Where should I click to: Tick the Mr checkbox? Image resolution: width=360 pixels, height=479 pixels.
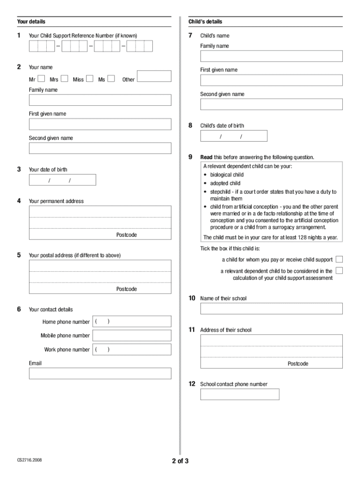point(41,79)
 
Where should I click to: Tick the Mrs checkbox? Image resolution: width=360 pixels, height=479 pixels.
point(65,79)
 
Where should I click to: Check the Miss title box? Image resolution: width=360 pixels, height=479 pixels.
point(89,79)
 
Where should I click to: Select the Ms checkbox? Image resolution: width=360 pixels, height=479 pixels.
point(111,79)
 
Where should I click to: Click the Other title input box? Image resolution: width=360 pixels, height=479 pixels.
point(154,76)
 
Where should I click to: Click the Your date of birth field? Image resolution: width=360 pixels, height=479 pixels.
point(62,180)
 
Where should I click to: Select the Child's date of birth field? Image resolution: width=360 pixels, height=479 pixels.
point(234,136)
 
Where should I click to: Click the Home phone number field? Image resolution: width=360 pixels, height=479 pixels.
point(132,321)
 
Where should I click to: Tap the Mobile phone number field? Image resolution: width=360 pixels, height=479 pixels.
point(132,335)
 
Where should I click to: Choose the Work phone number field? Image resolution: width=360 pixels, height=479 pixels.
point(132,349)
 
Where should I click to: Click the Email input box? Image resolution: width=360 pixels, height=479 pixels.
point(100,373)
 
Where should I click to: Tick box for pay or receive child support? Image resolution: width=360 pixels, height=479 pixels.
point(339,259)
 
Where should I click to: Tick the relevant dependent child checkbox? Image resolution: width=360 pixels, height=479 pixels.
point(339,270)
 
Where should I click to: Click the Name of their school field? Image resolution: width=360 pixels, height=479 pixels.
point(271,309)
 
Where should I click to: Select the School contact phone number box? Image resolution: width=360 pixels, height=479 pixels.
point(240,394)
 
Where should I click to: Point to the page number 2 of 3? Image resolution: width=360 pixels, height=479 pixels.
point(180,461)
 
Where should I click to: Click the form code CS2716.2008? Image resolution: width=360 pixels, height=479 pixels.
point(29,460)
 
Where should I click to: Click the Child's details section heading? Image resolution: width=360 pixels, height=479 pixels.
point(205,22)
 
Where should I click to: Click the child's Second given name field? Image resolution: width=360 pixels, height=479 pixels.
point(271,104)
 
